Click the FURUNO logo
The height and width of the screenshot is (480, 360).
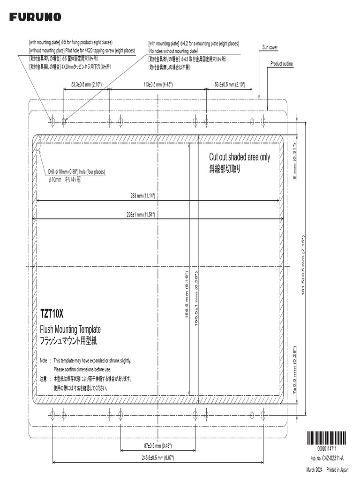pos(35,17)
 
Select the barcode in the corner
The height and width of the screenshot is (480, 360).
pos(327,439)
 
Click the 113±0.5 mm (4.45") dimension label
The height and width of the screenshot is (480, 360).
pos(158,85)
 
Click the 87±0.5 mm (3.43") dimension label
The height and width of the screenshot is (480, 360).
pos(157,445)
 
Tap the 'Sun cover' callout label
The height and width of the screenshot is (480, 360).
pos(270,47)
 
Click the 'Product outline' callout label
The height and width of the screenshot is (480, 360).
pos(282,63)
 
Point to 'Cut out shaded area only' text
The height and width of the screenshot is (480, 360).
pos(239,157)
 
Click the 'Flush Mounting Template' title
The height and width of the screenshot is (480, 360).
pos(70,330)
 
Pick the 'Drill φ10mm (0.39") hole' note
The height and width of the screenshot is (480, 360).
pos(76,172)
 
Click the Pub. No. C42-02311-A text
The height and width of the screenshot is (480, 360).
pos(327,458)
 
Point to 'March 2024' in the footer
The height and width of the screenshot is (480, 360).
pos(314,470)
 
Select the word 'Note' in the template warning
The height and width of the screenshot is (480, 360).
pos(44,361)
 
